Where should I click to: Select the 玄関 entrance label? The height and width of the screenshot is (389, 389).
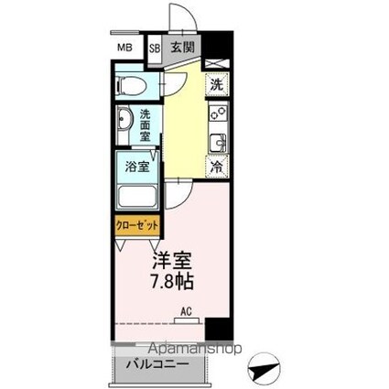coord(181,49)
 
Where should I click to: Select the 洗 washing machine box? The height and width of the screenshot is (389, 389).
coord(216,85)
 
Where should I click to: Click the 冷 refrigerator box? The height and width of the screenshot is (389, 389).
coord(216,167)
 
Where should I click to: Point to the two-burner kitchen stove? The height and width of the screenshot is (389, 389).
coord(217,117)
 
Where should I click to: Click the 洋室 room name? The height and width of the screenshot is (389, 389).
coord(171,260)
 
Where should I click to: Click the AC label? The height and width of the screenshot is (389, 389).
coord(187,310)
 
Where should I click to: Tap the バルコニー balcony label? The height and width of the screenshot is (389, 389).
coord(156,364)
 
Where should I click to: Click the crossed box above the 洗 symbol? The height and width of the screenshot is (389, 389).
coord(216,63)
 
